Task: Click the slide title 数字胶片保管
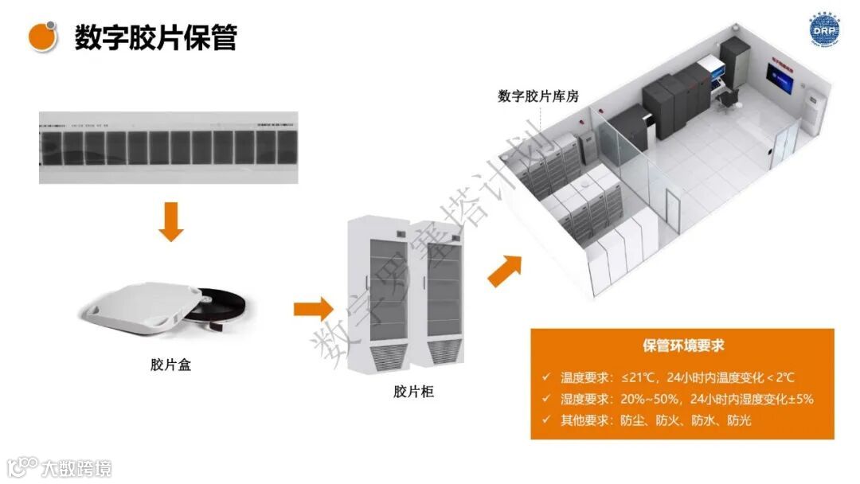click(x=155, y=37)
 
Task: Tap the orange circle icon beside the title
click(x=42, y=36)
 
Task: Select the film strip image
click(x=168, y=148)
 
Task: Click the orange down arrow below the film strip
click(x=170, y=222)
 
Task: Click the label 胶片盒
click(x=170, y=365)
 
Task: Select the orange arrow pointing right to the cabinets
click(x=312, y=309)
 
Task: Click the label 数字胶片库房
click(x=538, y=96)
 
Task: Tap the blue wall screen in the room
click(x=780, y=78)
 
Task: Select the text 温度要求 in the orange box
click(x=584, y=377)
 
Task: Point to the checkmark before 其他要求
click(x=545, y=420)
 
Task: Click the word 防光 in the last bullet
click(x=739, y=420)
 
